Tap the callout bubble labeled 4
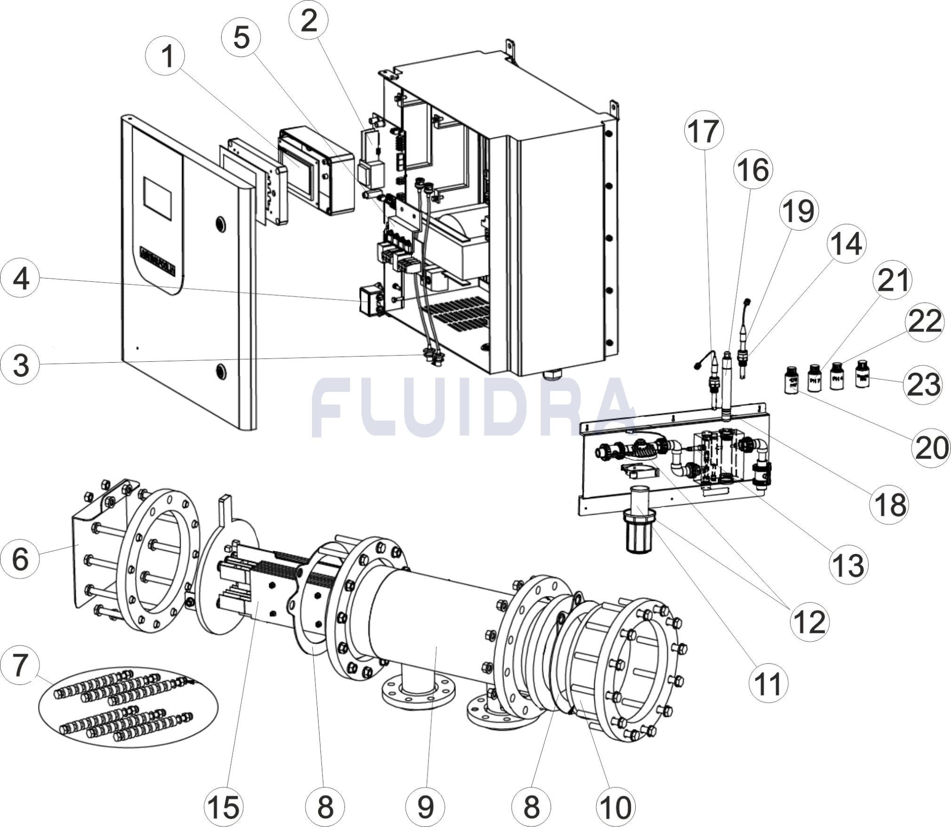tap(20, 279)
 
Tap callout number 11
tap(767, 684)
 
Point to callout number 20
tap(931, 447)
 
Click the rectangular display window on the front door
tap(157, 198)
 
